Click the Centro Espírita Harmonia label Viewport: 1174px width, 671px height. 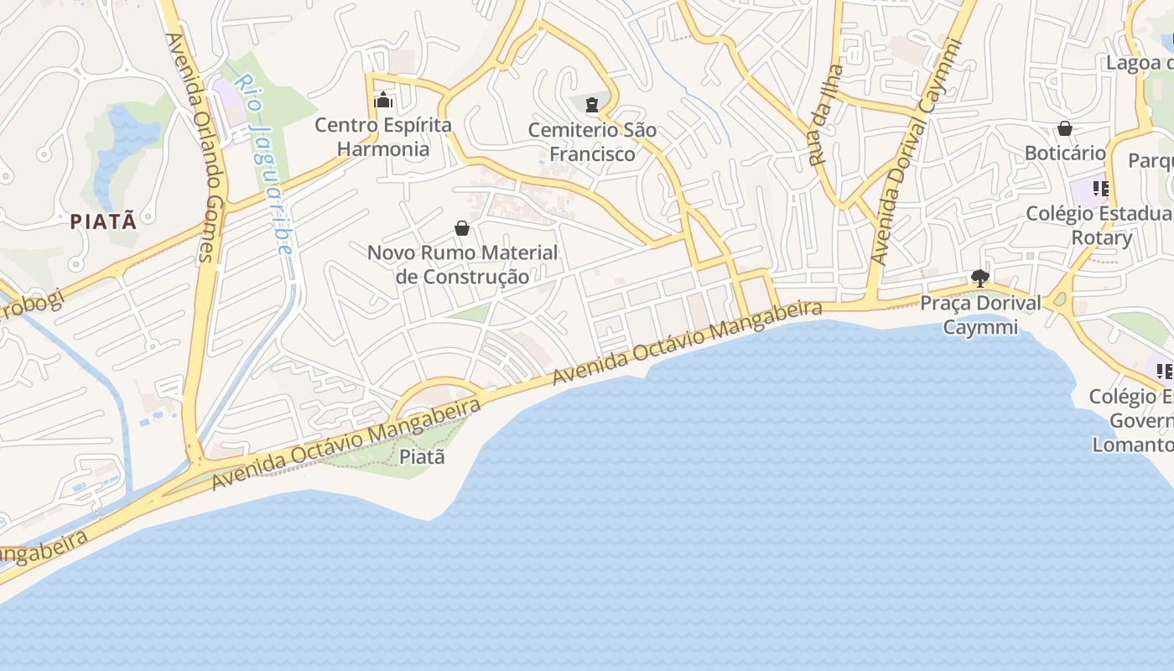coord(383,138)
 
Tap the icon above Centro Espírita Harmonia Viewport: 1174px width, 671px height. coord(383,101)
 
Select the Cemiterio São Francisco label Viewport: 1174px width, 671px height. coord(592,142)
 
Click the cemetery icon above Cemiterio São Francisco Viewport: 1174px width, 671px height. coord(592,105)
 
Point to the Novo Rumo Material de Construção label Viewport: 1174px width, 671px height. coord(462,264)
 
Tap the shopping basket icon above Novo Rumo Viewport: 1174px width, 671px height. coord(462,227)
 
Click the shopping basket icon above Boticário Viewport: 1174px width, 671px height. coord(1065,128)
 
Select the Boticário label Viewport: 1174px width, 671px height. coord(1065,153)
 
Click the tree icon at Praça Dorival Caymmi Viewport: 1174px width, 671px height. coord(979,278)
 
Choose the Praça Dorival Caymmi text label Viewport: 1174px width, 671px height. coord(980,315)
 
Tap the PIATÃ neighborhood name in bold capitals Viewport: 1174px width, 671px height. coord(102,221)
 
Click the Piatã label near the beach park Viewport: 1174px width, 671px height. coord(422,457)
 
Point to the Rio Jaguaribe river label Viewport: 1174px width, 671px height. coord(263,164)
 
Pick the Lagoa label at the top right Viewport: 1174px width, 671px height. coord(1139,63)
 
